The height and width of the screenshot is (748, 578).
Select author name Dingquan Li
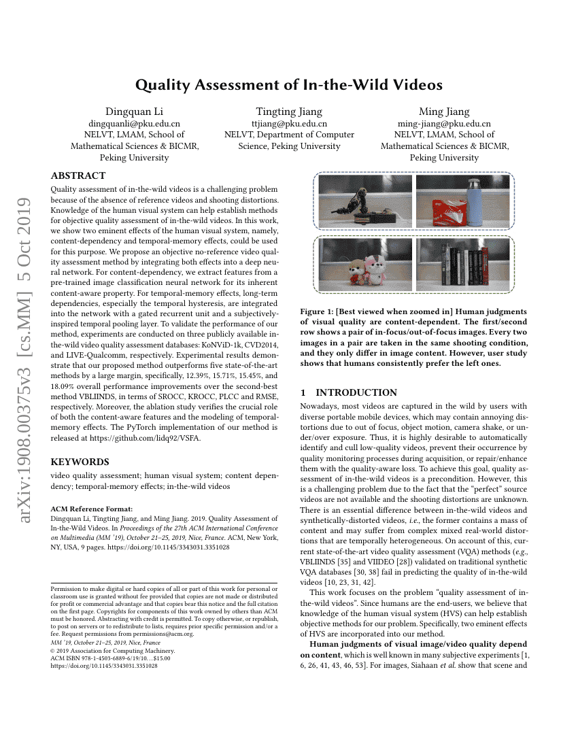[134, 112]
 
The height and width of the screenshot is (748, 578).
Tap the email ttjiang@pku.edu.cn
[289, 124]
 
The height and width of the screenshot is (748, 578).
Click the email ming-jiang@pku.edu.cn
[444, 124]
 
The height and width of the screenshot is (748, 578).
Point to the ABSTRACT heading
[78, 175]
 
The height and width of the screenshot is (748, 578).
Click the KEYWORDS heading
[79, 462]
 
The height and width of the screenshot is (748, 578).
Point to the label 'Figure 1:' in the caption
[317, 311]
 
